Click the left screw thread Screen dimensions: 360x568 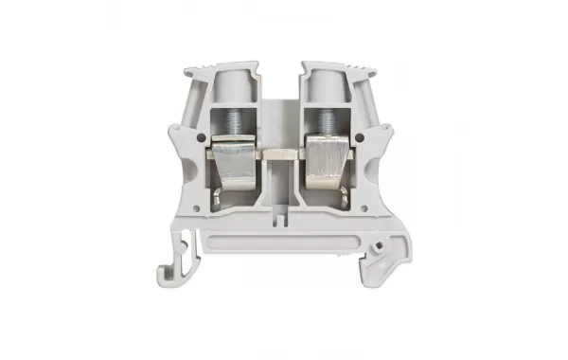[x=232, y=121]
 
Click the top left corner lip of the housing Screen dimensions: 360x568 [x=192, y=68]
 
